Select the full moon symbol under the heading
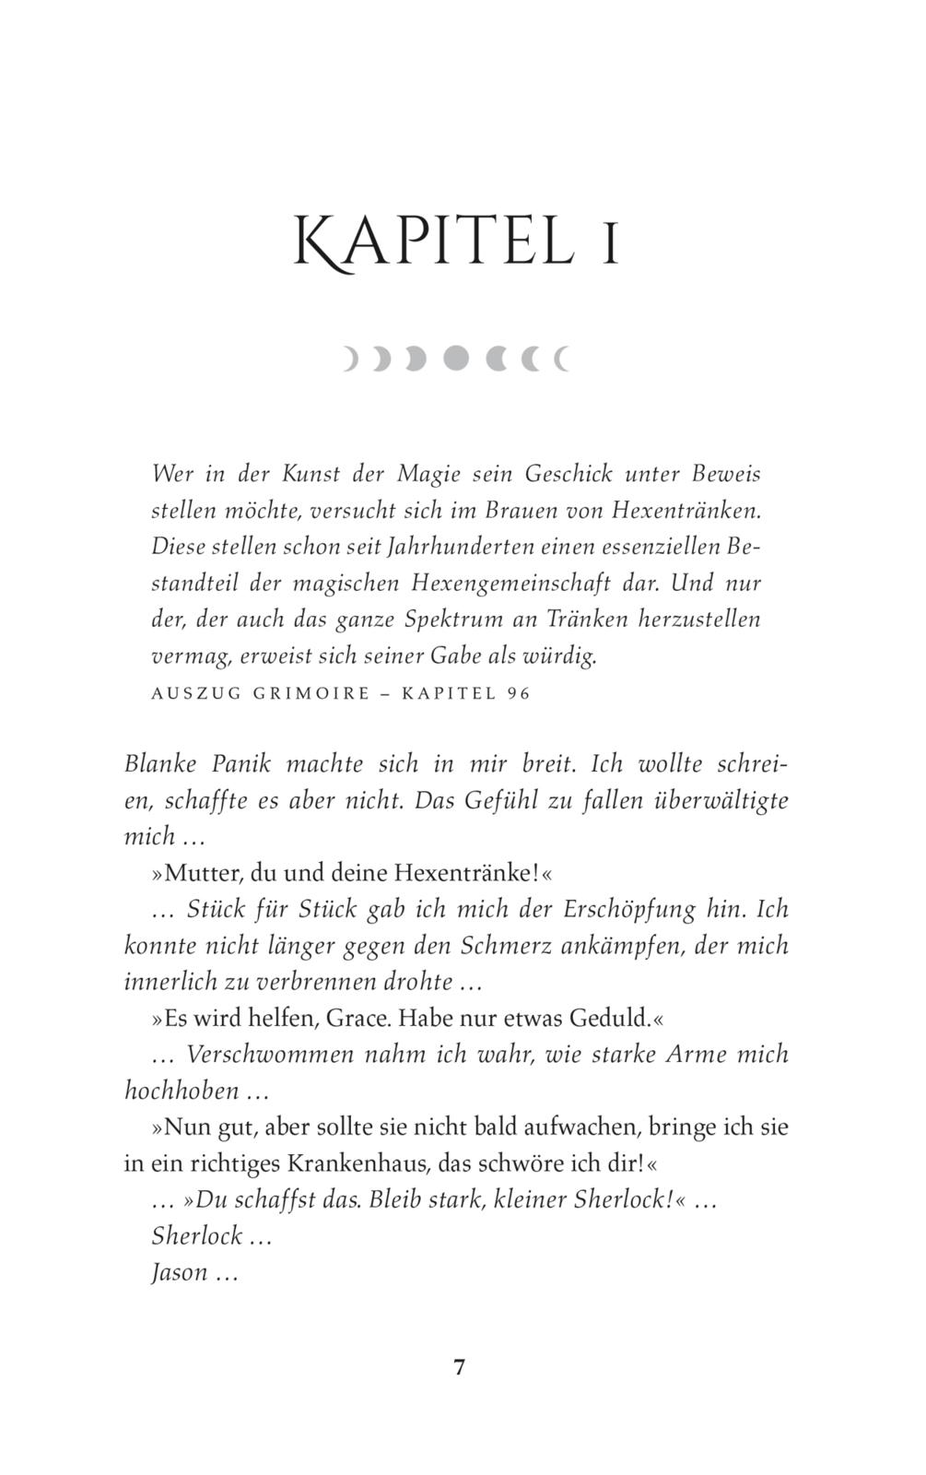click(x=456, y=358)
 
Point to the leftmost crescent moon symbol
click(x=350, y=358)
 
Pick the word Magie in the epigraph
click(x=428, y=474)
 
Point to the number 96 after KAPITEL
click(x=519, y=693)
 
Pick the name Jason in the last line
click(x=179, y=1273)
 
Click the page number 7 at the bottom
click(x=460, y=1367)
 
